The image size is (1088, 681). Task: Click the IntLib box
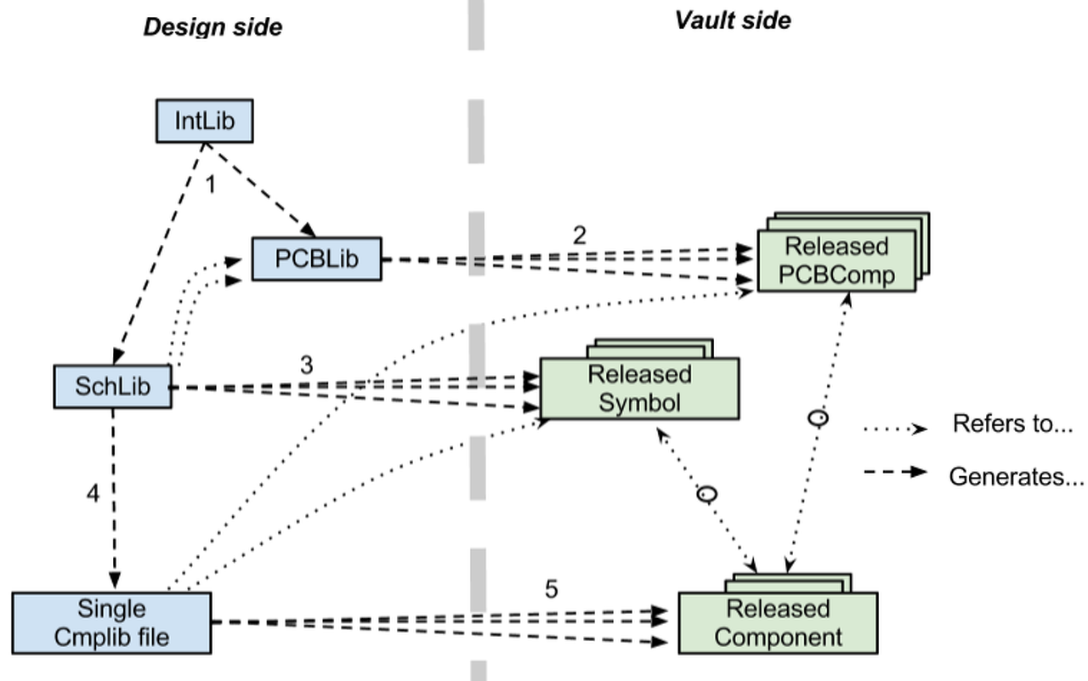point(205,121)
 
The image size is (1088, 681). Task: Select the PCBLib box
point(316,258)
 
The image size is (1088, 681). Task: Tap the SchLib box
point(112,387)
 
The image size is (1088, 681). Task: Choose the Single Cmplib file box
point(111,622)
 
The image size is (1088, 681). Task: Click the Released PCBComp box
point(836,261)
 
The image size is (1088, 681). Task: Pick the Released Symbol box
point(639,388)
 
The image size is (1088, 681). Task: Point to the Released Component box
point(777,622)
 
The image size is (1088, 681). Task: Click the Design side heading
point(212,26)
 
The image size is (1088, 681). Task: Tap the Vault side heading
point(733,20)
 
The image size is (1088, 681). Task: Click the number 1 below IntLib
point(210,183)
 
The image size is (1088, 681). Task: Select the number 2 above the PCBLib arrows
point(579,235)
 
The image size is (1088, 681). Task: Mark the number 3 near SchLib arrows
point(306,366)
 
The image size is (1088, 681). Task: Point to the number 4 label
point(93,493)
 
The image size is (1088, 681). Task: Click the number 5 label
point(551,588)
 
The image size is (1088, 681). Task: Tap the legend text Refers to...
point(1012,423)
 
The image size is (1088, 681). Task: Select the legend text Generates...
point(1016,477)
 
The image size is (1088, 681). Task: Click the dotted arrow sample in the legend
point(895,429)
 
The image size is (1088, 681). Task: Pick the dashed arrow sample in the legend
point(895,471)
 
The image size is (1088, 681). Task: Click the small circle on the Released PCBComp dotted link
point(818,417)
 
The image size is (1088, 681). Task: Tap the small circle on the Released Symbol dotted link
point(706,494)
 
